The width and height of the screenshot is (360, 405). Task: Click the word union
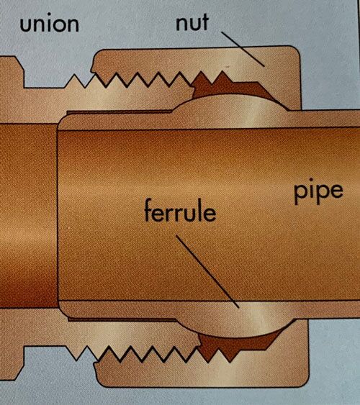(50, 23)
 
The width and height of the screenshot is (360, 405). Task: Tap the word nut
(192, 22)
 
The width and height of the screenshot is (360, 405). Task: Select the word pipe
(319, 191)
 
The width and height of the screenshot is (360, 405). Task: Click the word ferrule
(180, 211)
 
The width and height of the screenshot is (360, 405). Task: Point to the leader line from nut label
(243, 49)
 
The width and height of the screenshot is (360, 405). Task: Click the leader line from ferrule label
(207, 271)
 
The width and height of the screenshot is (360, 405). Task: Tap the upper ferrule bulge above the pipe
(230, 112)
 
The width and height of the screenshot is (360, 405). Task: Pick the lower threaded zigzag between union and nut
(150, 354)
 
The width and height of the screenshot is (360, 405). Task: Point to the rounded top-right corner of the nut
(297, 51)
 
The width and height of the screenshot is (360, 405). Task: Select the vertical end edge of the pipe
(58, 214)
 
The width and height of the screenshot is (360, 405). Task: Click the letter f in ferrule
(150, 211)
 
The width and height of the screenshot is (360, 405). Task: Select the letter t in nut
(204, 22)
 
